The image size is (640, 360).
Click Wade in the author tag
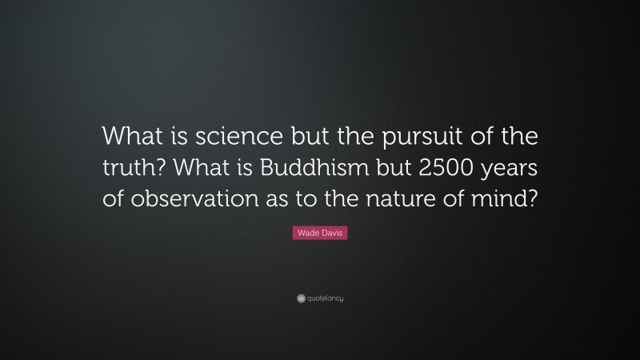308,232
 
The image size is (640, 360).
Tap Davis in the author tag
330,232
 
